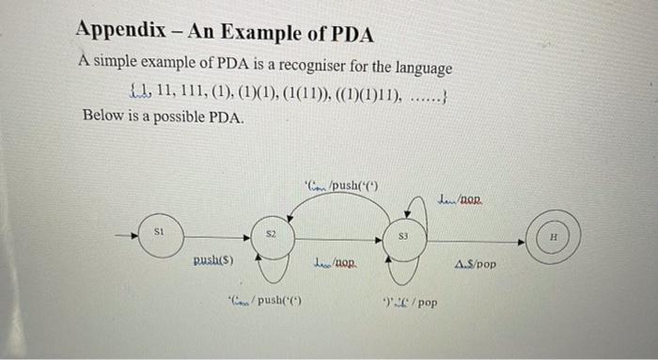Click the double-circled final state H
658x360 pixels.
[x=554, y=238]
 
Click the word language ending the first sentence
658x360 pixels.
[x=424, y=70]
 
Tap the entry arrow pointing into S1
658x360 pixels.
[x=125, y=230]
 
